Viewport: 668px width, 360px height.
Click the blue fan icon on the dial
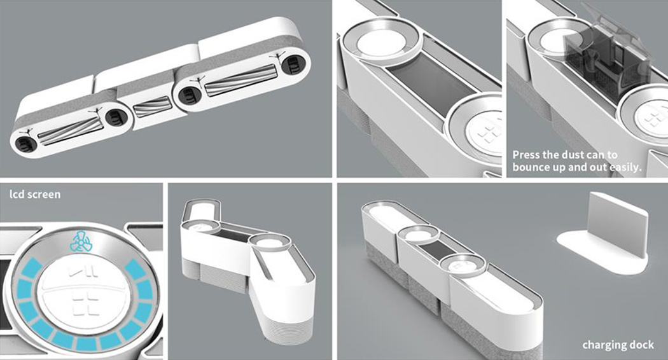pyautogui.click(x=80, y=242)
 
